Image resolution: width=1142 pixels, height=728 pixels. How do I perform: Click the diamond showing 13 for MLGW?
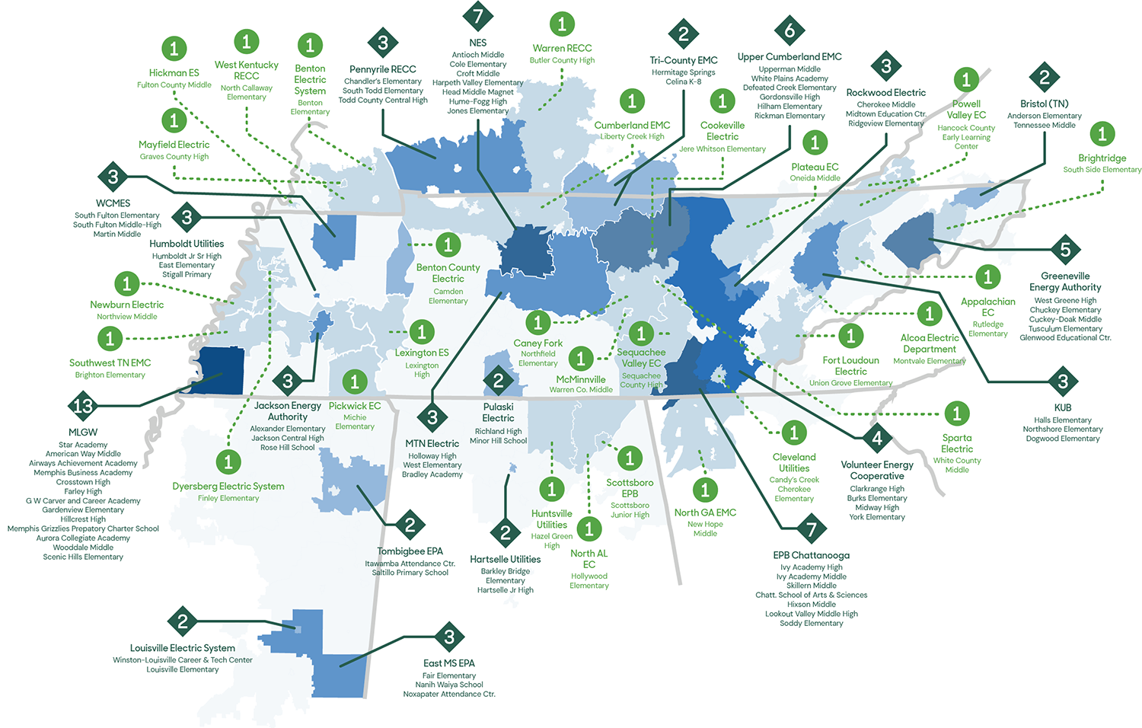(x=82, y=406)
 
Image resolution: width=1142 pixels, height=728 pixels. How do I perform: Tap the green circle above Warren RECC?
(x=562, y=24)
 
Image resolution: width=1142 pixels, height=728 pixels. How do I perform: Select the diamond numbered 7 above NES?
(x=478, y=16)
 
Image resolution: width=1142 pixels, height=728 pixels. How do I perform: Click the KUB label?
(x=1063, y=407)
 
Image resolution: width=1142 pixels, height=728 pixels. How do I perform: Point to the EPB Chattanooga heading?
(x=811, y=555)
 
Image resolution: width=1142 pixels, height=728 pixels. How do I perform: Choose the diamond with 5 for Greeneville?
(x=1065, y=249)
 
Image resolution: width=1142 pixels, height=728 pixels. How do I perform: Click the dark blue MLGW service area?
(x=218, y=370)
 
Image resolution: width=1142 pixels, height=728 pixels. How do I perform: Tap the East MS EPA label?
(x=449, y=663)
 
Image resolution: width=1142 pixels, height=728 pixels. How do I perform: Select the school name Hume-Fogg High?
(x=477, y=101)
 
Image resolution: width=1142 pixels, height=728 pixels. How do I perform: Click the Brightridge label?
(x=1102, y=158)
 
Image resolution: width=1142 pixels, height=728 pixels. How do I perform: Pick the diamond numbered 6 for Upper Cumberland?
(x=790, y=30)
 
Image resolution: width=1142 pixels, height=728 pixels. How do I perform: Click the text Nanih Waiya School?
(x=449, y=685)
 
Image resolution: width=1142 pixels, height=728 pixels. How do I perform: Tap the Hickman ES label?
(x=174, y=73)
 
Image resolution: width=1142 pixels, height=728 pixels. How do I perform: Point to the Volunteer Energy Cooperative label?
(x=877, y=470)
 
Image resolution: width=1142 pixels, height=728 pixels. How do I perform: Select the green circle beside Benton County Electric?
(x=448, y=244)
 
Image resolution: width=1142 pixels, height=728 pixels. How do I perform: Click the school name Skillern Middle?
(x=811, y=586)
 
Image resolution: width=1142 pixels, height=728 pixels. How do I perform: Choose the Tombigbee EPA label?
(x=410, y=551)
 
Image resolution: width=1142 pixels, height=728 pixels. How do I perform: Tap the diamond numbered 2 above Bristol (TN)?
(x=1044, y=78)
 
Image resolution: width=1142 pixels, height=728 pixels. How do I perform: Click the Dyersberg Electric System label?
(x=228, y=486)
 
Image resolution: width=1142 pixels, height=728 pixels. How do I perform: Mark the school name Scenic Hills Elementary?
(x=83, y=557)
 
